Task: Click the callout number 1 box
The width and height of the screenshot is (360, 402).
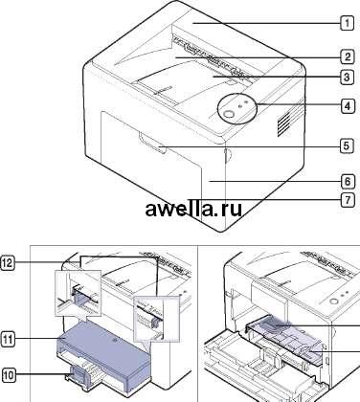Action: click(x=347, y=23)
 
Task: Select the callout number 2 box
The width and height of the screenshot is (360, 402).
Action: click(x=347, y=57)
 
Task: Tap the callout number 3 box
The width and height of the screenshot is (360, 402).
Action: click(x=347, y=78)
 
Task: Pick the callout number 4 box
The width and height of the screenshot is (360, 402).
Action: click(x=347, y=105)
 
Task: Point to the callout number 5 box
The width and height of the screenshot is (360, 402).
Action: click(x=347, y=146)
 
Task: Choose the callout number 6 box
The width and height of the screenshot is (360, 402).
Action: click(x=347, y=182)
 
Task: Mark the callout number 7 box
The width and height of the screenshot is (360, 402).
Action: click(x=347, y=200)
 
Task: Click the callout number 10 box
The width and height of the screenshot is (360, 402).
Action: click(x=9, y=375)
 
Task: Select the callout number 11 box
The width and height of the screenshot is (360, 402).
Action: click(x=9, y=340)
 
